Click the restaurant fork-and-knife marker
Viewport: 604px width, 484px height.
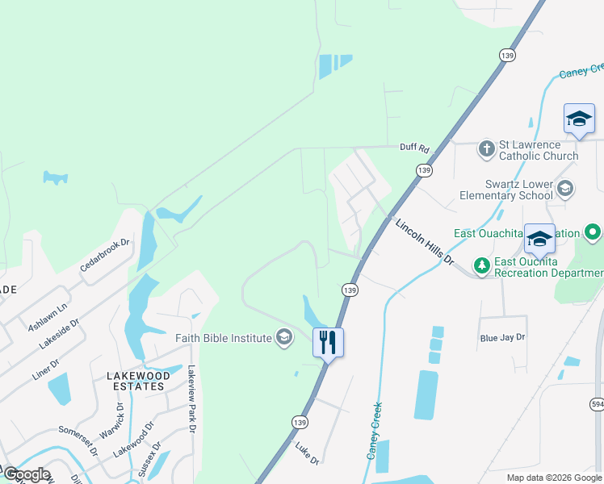[x=328, y=342]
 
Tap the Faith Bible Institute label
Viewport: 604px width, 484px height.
[x=224, y=338]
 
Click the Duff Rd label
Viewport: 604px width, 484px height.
[x=414, y=148]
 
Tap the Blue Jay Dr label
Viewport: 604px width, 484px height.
[x=502, y=337]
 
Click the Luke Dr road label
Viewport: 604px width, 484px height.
[x=307, y=453]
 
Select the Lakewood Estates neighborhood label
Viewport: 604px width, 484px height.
[x=140, y=381]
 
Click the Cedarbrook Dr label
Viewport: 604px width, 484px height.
[x=105, y=255]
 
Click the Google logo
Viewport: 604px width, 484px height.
[x=27, y=474]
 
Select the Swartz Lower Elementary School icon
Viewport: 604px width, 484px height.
[x=565, y=190]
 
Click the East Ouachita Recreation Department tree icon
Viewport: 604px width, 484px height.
[x=481, y=265]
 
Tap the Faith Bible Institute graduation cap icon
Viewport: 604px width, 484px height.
[x=283, y=337]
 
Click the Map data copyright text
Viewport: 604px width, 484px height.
[x=554, y=478]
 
